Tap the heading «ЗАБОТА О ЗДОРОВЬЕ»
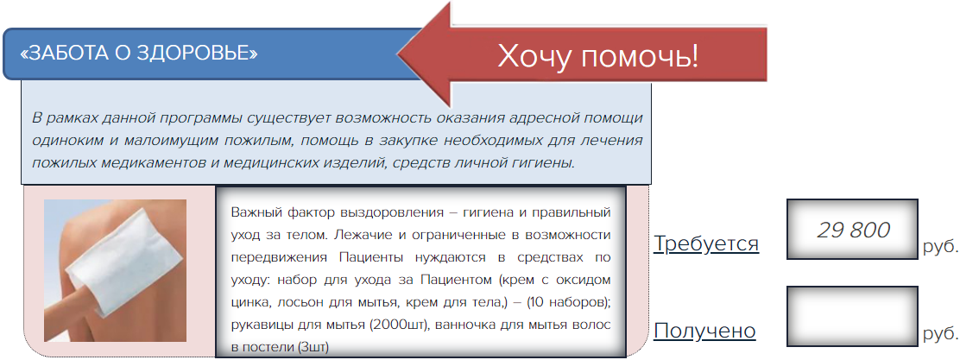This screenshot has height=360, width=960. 139,54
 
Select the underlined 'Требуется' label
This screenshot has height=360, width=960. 706,243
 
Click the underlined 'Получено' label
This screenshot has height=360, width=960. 704,332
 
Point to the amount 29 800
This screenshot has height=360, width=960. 853,231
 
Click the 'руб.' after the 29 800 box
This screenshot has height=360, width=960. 940,247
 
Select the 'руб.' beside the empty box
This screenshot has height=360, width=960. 940,334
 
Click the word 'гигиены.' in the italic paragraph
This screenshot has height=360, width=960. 547,163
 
